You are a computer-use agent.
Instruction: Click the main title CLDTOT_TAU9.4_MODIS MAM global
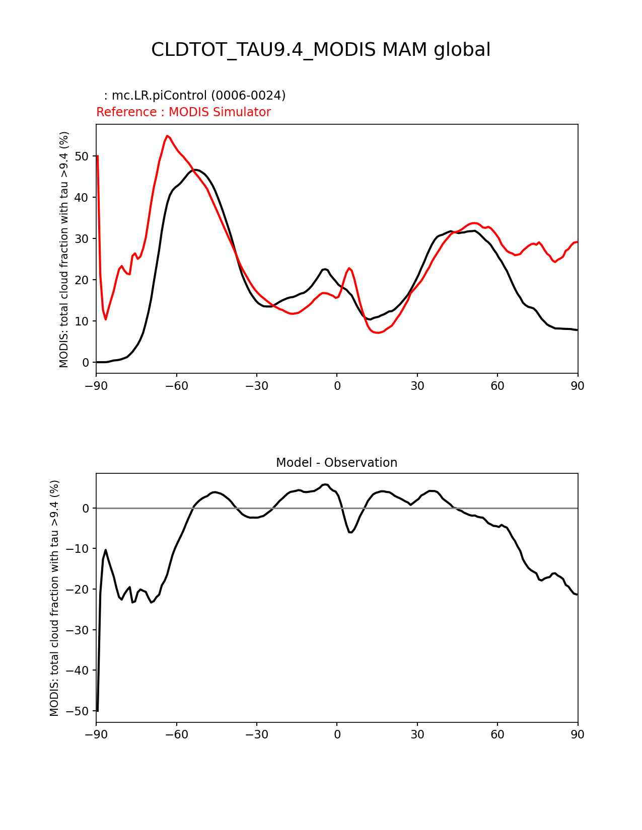tap(321, 50)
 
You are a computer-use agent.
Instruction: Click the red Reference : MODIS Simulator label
tap(183, 112)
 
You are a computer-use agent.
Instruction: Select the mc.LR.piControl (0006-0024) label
tap(195, 96)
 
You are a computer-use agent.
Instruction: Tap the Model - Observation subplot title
tap(336, 463)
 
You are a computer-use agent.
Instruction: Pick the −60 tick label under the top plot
tap(176, 386)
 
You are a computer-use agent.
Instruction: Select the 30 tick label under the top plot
tap(417, 386)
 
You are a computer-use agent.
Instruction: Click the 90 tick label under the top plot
tap(578, 386)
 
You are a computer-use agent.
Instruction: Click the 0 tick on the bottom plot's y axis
tap(86, 509)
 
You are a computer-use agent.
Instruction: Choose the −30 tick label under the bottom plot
tap(256, 735)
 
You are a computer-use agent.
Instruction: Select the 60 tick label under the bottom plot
tap(497, 735)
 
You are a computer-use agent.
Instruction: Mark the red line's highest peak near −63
tap(167, 136)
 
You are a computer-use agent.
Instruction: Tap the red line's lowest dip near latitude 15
tap(377, 333)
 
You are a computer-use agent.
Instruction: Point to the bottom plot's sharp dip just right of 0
tap(350, 532)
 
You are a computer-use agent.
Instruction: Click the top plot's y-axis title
tap(64, 250)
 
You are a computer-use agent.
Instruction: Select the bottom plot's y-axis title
tap(54, 598)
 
